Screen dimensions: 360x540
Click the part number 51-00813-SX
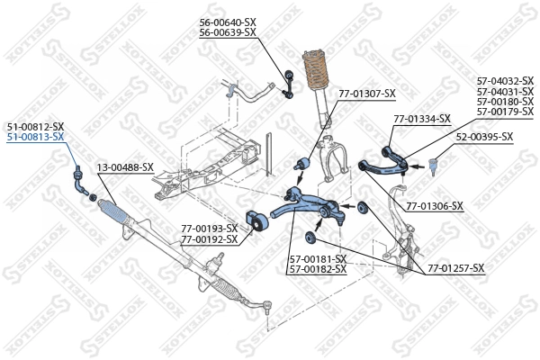tap(36, 137)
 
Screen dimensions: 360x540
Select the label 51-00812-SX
tap(36, 126)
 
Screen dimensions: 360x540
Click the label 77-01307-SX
tap(366, 93)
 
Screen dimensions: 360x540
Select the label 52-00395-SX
tap(484, 137)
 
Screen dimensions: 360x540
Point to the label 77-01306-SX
tap(435, 206)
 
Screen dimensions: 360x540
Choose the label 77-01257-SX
tap(455, 268)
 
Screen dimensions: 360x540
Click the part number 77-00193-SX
tap(209, 229)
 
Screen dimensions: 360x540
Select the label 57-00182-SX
tap(318, 269)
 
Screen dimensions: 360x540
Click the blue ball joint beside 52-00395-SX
tap(432, 165)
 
